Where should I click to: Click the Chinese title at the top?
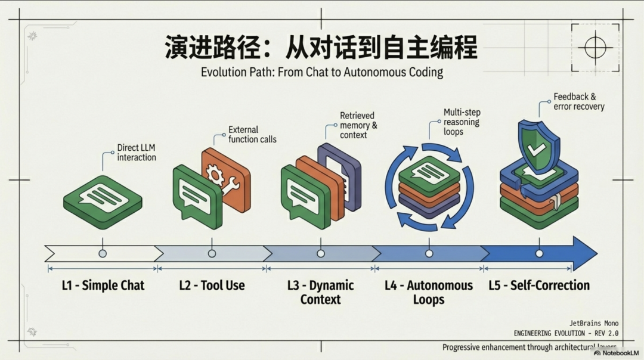pos(321,47)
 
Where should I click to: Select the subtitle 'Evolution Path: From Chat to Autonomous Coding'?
pos(321,73)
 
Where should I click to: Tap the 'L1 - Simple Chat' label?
pos(103,285)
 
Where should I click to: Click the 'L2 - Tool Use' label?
pos(212,285)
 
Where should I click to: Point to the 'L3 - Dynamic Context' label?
pos(320,292)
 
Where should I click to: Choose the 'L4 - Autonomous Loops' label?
pos(429,292)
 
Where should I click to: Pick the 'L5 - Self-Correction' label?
pos(539,285)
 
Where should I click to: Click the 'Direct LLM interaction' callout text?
pos(136,153)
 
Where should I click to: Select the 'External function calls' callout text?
pos(252,134)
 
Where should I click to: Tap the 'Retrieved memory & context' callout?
pos(358,125)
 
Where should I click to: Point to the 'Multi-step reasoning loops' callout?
pos(462,122)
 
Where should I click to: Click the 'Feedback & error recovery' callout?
pos(578,101)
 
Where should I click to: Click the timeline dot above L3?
pos(321,253)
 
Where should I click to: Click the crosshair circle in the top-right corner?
pos(595,47)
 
